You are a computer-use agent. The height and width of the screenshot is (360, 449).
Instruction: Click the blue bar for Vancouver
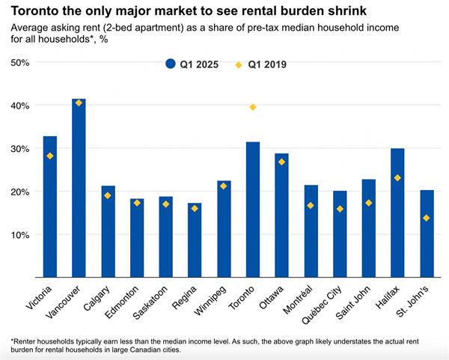click(79, 187)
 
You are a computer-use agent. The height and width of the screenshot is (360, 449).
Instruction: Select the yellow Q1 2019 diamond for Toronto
click(253, 108)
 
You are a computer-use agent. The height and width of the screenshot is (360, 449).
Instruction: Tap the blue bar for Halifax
click(398, 213)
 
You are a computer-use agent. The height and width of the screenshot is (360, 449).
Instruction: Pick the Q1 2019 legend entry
click(262, 65)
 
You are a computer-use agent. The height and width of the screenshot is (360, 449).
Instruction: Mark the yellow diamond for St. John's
click(427, 219)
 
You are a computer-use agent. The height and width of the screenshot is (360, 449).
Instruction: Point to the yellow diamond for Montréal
click(311, 206)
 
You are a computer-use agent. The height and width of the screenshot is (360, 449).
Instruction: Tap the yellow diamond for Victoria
click(50, 156)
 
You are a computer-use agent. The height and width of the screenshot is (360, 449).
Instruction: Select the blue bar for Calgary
click(109, 231)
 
